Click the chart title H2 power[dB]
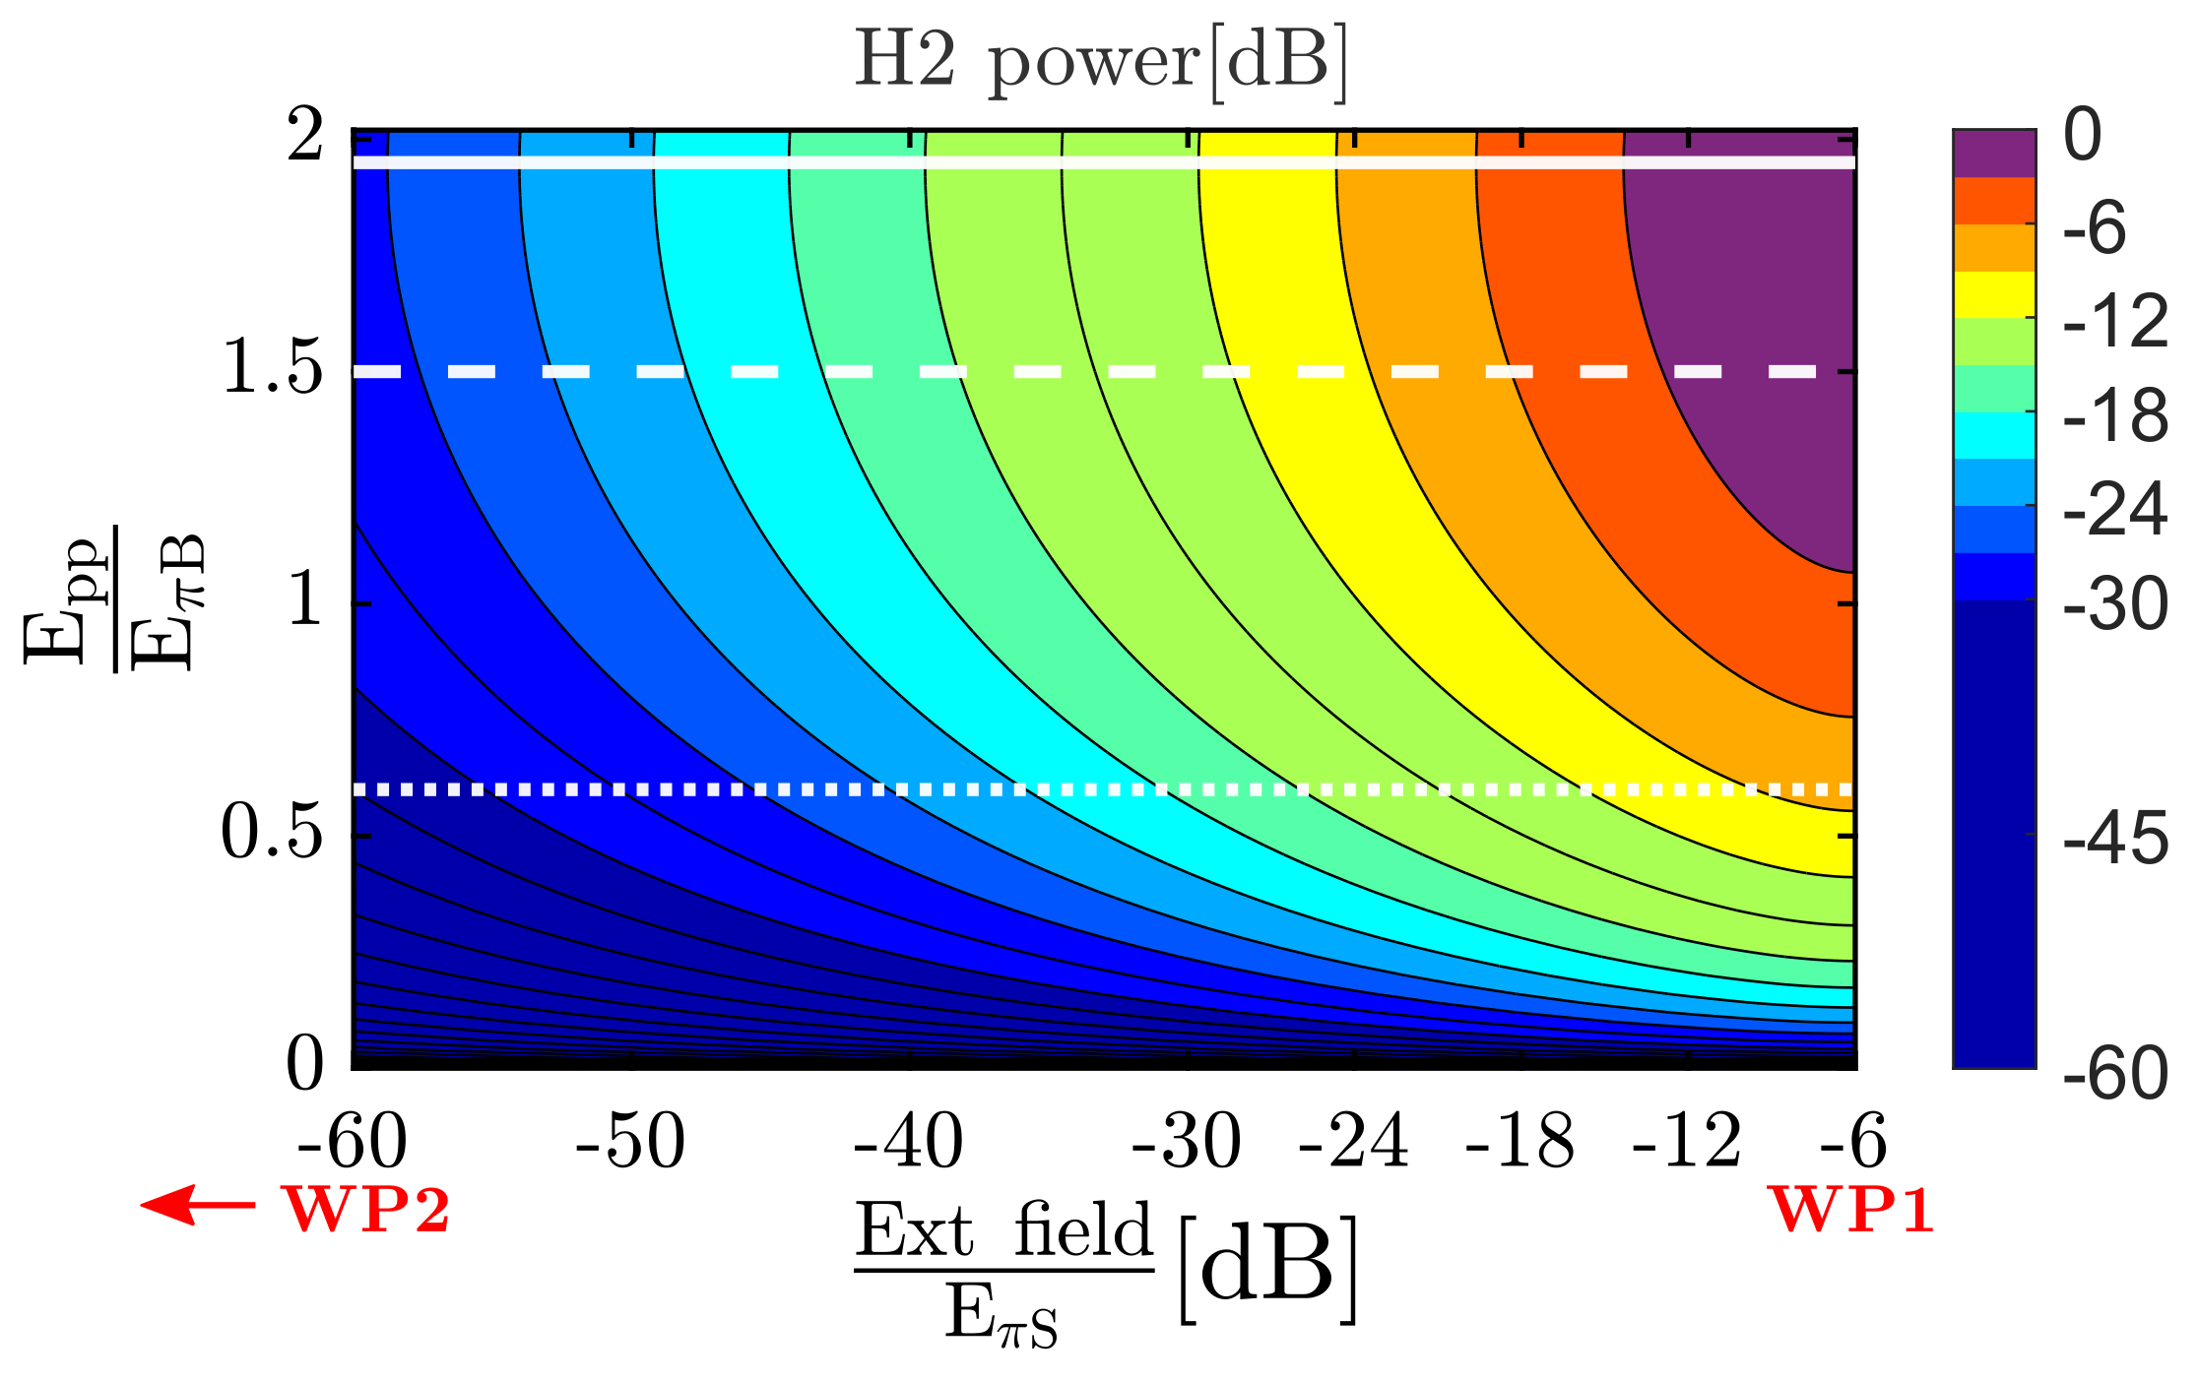(x=1100, y=62)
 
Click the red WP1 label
(x=1852, y=1210)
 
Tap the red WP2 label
(x=366, y=1210)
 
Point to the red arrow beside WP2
(x=197, y=1205)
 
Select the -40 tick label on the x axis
(x=908, y=1143)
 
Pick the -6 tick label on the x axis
(x=1851, y=1143)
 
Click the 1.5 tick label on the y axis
(x=273, y=371)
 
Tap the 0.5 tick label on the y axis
(x=271, y=835)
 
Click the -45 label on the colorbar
(x=2114, y=840)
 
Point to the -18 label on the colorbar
(x=2114, y=416)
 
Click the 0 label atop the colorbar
(x=2082, y=136)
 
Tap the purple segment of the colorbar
(x=1994, y=153)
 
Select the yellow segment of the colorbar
(x=1994, y=295)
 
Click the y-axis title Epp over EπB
(x=113, y=600)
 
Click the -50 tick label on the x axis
(x=630, y=1143)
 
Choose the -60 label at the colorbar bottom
(x=2114, y=1073)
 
